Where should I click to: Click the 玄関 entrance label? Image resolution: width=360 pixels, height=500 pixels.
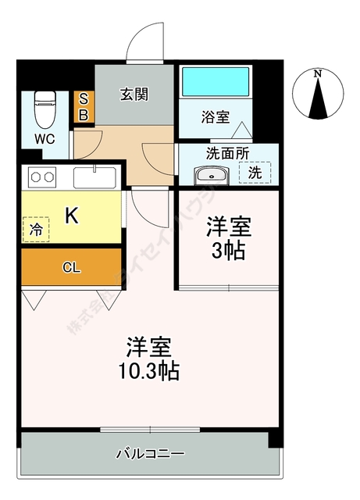click(x=134, y=94)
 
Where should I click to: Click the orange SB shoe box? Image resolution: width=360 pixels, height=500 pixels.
click(x=84, y=107)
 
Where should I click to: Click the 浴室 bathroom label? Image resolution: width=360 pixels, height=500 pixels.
click(x=215, y=118)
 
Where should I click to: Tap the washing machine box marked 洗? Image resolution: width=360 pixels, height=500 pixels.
click(x=255, y=173)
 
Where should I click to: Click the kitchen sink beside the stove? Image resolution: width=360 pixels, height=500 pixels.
click(x=95, y=177)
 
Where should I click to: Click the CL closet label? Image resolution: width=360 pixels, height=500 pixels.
click(x=71, y=268)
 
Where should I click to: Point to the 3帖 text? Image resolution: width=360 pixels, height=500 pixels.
click(x=229, y=252)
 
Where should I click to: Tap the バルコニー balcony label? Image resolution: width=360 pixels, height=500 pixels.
click(x=150, y=453)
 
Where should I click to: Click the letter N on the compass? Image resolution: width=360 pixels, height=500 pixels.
click(x=317, y=74)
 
